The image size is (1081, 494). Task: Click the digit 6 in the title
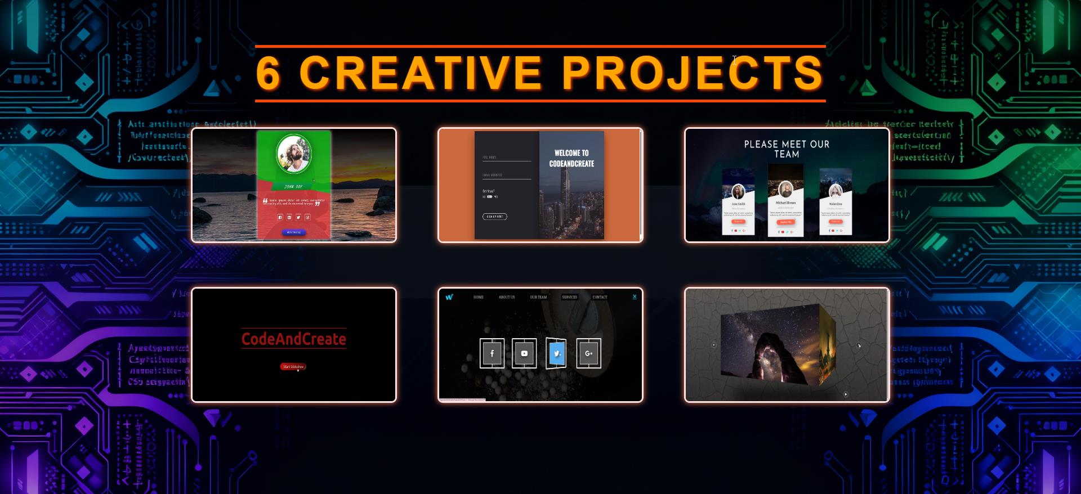pyautogui.click(x=268, y=73)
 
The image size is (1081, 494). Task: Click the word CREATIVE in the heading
pyautogui.click(x=420, y=73)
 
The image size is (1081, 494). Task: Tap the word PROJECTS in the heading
pyautogui.click(x=693, y=73)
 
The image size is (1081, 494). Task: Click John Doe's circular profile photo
pyautogui.click(x=293, y=153)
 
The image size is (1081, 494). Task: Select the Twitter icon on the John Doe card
pyautogui.click(x=298, y=217)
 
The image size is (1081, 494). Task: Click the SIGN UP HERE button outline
pyautogui.click(x=494, y=217)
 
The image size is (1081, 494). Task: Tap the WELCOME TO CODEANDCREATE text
pyautogui.click(x=571, y=158)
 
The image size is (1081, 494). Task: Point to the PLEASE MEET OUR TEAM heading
pyautogui.click(x=787, y=149)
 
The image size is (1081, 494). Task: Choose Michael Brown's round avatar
pyautogui.click(x=785, y=189)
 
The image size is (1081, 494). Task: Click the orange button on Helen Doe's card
pyautogui.click(x=836, y=222)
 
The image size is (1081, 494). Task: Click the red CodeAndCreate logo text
pyautogui.click(x=293, y=339)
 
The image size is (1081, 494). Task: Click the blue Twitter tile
pyautogui.click(x=556, y=353)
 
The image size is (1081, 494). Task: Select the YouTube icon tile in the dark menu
pyautogui.click(x=524, y=353)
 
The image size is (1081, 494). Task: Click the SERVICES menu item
pyautogui.click(x=569, y=297)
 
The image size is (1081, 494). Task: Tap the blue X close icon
pyautogui.click(x=635, y=297)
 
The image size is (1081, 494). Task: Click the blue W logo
pyautogui.click(x=449, y=297)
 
